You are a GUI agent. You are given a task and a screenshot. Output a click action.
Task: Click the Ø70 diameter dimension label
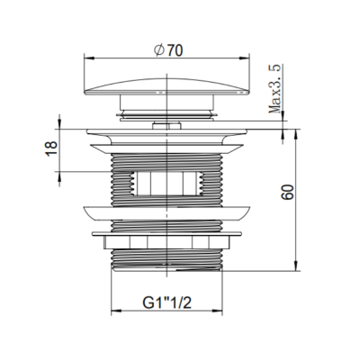click(168, 50)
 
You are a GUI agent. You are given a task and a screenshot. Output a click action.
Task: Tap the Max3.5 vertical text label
click(274, 89)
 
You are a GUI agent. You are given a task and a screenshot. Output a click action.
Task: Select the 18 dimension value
click(51, 148)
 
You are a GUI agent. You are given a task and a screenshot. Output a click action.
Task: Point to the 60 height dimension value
click(287, 192)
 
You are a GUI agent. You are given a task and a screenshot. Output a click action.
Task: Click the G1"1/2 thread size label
click(166, 303)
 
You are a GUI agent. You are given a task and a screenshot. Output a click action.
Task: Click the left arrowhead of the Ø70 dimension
click(89, 58)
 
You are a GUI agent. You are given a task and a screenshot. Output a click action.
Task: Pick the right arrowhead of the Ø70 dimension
click(244, 58)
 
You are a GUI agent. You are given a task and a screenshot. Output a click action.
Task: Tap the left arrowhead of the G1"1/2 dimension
click(116, 310)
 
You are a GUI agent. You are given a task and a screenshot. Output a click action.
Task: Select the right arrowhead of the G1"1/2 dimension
click(217, 310)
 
